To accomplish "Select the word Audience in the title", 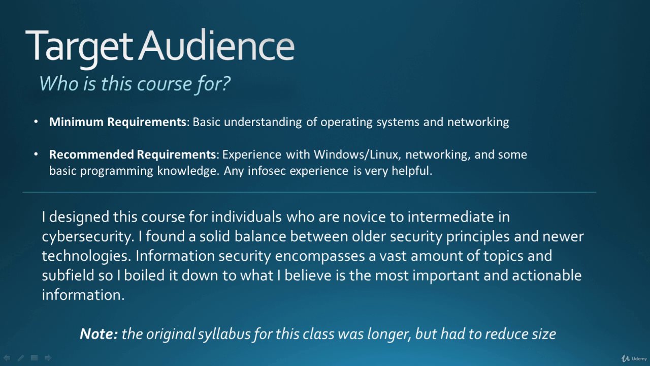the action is tap(217, 45).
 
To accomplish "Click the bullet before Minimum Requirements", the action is tap(36, 121).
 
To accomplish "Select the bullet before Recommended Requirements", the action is tap(36, 154).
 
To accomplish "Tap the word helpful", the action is tap(412, 171).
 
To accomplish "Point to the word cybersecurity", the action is tap(88, 237).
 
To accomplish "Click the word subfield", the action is tap(68, 276).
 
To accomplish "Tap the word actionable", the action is tap(547, 276).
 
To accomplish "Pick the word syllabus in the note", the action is tap(224, 334).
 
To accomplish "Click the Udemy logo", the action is tap(634, 358).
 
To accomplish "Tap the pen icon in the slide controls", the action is tap(21, 358).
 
